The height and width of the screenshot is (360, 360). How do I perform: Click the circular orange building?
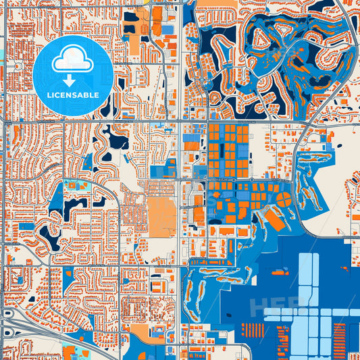point(284,199)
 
